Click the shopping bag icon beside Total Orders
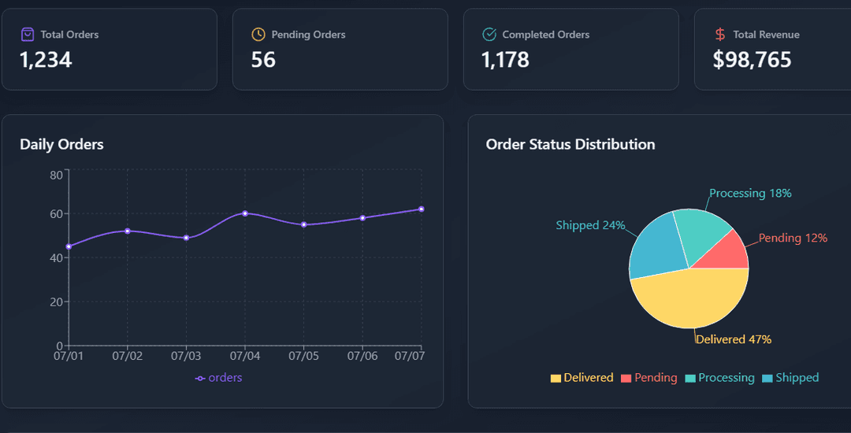(x=28, y=35)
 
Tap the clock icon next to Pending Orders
(x=258, y=35)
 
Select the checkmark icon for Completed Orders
(x=489, y=35)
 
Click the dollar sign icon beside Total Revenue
(x=720, y=35)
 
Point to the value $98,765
(x=752, y=60)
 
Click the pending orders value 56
(x=263, y=60)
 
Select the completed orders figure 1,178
(x=505, y=60)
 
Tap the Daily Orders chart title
(x=61, y=144)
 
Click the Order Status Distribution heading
(x=570, y=144)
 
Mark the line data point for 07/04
(x=245, y=213)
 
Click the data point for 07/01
(x=69, y=246)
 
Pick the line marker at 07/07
(x=422, y=209)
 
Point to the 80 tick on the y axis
(x=56, y=175)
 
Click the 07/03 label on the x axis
(x=186, y=357)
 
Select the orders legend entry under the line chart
(x=219, y=378)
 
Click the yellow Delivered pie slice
(x=689, y=303)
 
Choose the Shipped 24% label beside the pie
(x=590, y=225)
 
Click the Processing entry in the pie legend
(x=719, y=378)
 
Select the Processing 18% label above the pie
(x=750, y=193)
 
